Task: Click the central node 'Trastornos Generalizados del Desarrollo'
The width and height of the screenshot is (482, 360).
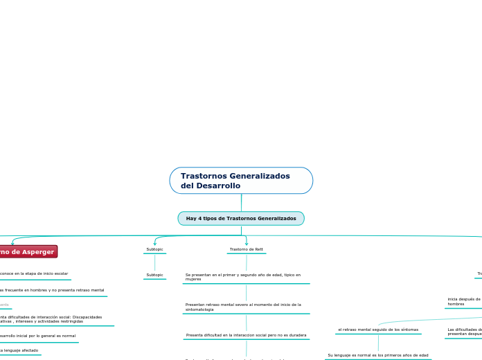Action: [241, 180]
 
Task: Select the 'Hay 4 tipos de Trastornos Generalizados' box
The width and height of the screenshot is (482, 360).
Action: [241, 218]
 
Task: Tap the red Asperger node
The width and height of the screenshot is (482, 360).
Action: [28, 251]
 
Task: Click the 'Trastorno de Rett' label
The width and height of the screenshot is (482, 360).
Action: [246, 249]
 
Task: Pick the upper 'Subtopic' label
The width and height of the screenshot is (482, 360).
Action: [154, 249]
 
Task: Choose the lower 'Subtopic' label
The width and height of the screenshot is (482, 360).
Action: [154, 275]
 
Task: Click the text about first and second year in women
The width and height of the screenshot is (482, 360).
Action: [243, 277]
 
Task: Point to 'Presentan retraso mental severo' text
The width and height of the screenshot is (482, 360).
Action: [243, 307]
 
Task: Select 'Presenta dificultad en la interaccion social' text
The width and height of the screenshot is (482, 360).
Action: [246, 335]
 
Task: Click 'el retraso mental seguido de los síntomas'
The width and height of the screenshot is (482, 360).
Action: [378, 330]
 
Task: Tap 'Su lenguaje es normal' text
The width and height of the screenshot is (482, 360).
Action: [378, 355]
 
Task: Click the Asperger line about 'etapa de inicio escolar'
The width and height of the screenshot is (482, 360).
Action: [33, 273]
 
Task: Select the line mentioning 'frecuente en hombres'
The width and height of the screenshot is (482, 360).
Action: [52, 290]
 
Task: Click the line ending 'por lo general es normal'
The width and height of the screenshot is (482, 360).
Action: [37, 336]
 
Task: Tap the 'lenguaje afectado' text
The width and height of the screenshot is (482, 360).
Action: [19, 350]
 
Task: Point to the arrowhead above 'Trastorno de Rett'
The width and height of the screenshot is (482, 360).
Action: [247, 243]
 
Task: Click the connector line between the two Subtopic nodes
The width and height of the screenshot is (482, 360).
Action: [154, 262]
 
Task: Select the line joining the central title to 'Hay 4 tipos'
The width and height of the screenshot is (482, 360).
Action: [241, 202]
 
